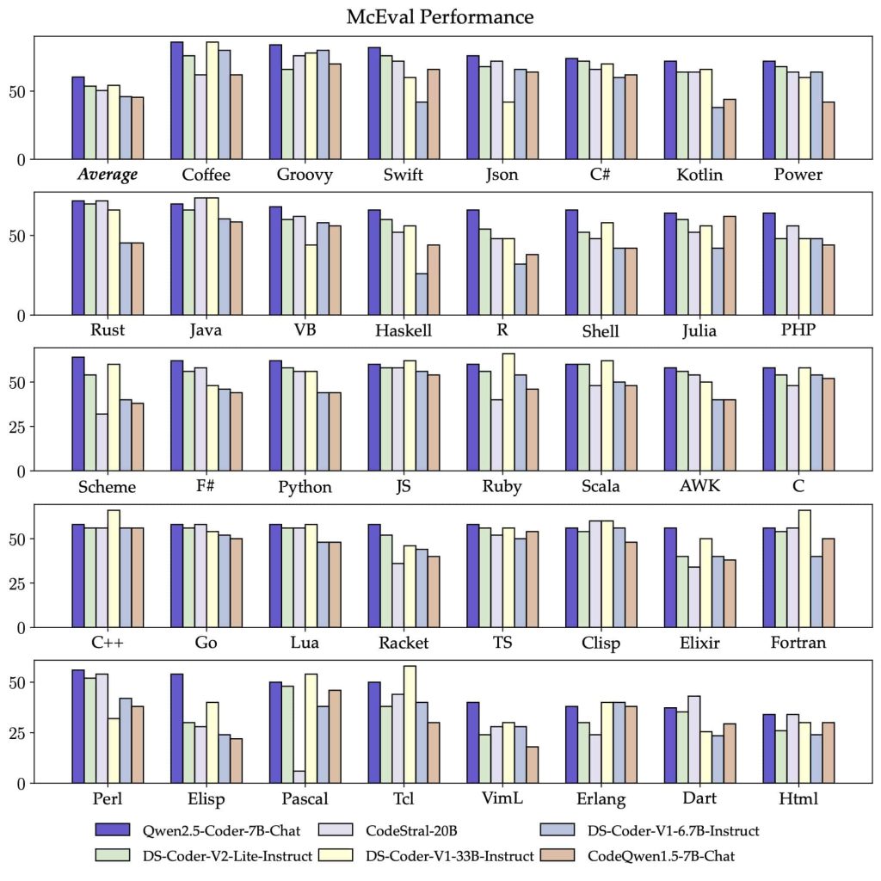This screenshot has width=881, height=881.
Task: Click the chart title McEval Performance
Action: (440, 17)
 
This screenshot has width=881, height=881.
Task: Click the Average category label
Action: (108, 175)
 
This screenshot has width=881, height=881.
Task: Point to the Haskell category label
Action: (404, 330)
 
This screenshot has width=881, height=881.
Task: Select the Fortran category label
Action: (798, 643)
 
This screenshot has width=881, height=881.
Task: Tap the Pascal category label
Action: (305, 799)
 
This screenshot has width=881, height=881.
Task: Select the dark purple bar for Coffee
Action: (176, 101)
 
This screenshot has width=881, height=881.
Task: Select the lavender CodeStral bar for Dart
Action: (693, 739)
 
